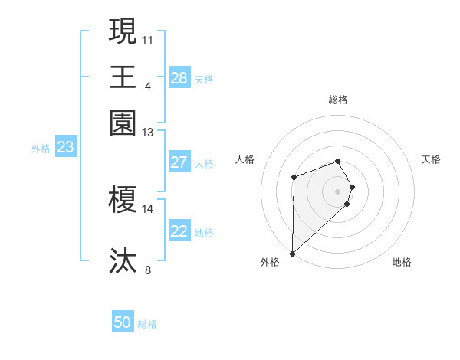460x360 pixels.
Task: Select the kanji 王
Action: pos(123,77)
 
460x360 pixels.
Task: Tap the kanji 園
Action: pos(123,122)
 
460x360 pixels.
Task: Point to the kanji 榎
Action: pos(123,200)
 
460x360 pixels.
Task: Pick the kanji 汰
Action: pos(123,260)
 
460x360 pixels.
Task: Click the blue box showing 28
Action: pos(179,78)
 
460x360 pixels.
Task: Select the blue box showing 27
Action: pos(179,162)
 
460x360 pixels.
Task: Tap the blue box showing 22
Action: pos(179,231)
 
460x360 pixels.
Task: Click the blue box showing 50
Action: pos(123,322)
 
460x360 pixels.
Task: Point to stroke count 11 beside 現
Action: pos(148,38)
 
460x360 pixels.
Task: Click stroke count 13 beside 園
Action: pos(148,133)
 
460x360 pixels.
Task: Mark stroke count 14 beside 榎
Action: pos(148,208)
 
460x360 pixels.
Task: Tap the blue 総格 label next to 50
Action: pos(147,324)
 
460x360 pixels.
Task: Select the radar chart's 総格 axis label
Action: pos(338,100)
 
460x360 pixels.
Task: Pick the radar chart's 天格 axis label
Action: pos(431,159)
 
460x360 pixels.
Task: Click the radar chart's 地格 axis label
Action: pos(402,262)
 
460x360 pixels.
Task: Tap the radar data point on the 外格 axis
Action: pos(292,253)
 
